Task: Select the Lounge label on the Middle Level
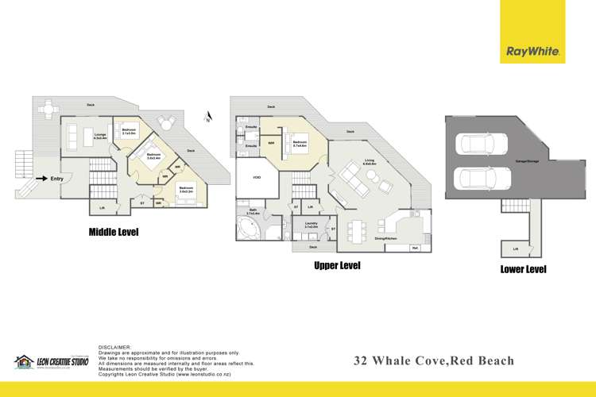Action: pyautogui.click(x=100, y=136)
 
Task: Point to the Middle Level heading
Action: pyautogui.click(x=114, y=233)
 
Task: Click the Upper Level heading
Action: pyautogui.click(x=337, y=266)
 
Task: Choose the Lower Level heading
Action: pyautogui.click(x=523, y=269)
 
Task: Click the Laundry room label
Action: pyautogui.click(x=311, y=225)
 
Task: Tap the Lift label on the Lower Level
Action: pyautogui.click(x=515, y=249)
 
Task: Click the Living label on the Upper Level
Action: pyautogui.click(x=369, y=160)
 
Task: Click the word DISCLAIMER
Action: pyautogui.click(x=113, y=347)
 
